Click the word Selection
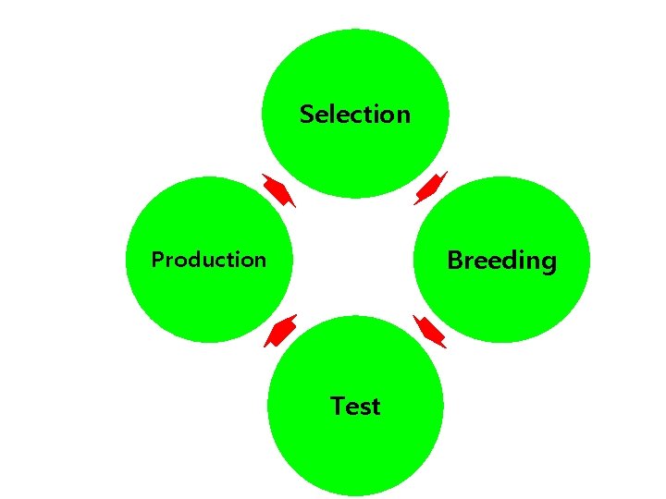point(355,115)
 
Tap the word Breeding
point(501,261)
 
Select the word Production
point(208,260)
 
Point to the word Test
point(355,407)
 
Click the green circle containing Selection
point(355,65)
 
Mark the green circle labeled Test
point(355,453)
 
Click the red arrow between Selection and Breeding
point(430,188)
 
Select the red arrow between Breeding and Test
point(430,331)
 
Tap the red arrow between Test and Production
point(280,331)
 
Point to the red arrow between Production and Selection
point(277,189)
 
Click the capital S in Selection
point(307,115)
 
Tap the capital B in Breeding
point(454,260)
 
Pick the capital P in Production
point(156,260)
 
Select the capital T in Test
point(338,406)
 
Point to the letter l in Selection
point(334,114)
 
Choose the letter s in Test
point(364,408)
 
